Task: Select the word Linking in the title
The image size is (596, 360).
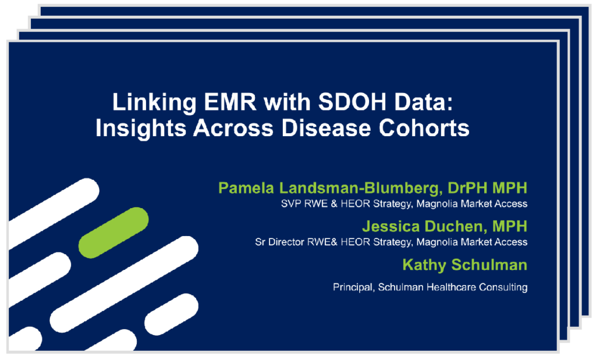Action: [154, 102]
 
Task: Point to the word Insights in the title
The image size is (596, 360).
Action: [141, 129]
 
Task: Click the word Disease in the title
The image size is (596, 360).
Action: [326, 128]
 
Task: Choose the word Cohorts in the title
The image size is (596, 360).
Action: [424, 128]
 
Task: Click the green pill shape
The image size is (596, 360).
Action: [113, 233]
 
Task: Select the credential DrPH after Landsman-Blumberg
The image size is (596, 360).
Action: [467, 188]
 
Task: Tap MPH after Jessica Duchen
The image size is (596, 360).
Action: [510, 226]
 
